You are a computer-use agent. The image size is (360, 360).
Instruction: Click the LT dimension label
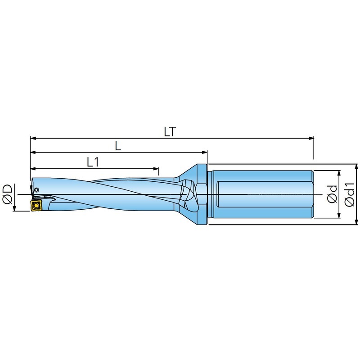[x=170, y=132]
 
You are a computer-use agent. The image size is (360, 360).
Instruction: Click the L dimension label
[x=118, y=146]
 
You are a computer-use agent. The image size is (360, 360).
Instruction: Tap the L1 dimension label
[x=93, y=162]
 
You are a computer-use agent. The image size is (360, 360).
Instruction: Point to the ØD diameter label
[x=8, y=193]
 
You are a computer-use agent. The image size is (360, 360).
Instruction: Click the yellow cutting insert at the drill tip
[x=36, y=205]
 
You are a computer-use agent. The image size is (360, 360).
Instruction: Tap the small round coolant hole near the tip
[x=36, y=190]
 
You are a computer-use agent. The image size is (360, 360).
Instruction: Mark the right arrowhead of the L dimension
[x=204, y=152]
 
